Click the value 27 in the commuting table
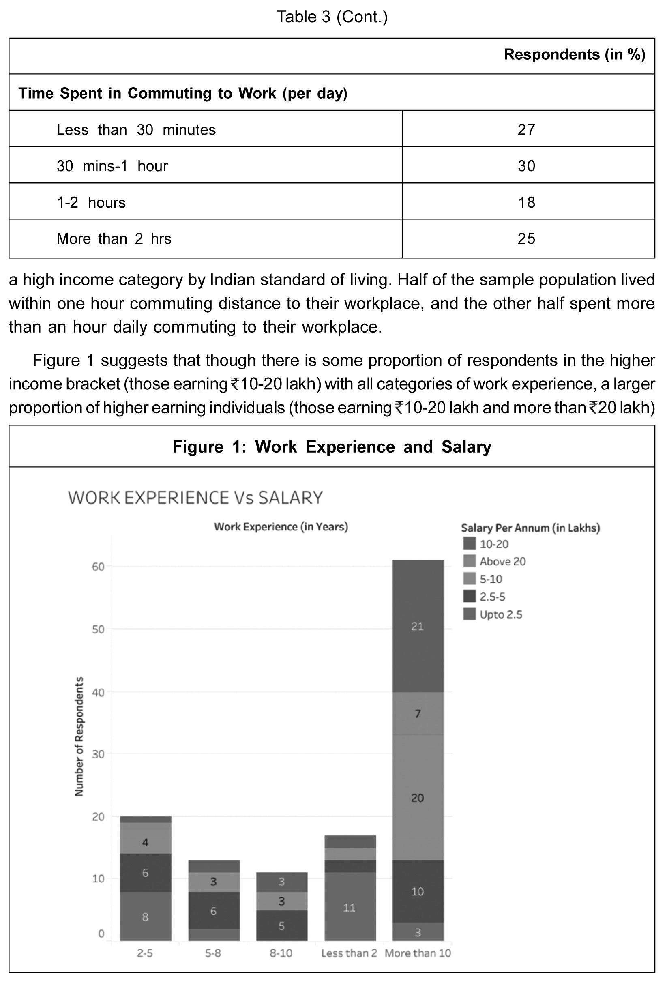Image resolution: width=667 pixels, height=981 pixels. pos(526,130)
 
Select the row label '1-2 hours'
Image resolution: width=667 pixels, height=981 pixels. pos(91,203)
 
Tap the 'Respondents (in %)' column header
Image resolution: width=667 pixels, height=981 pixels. pos(574,54)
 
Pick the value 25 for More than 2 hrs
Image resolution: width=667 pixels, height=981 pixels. pos(526,239)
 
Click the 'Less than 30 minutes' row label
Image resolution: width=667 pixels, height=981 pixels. pos(136,130)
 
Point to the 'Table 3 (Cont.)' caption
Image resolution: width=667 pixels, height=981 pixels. pos(332,17)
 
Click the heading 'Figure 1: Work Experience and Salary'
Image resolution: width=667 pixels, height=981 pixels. pos(332,447)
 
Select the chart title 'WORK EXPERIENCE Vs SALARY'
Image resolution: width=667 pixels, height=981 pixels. pos(195,498)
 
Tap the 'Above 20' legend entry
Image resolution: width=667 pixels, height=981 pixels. pos(502,561)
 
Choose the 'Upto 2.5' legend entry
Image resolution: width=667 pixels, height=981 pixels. pos(500,615)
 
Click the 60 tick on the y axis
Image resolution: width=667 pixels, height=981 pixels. pos(98,567)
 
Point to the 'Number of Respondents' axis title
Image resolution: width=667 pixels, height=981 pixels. pos(79,736)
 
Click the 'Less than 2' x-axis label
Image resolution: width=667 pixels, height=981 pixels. pos(349,953)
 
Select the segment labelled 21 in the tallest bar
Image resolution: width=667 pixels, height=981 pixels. pos(418,627)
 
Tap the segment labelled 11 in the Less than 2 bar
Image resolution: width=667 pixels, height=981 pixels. pos(350,908)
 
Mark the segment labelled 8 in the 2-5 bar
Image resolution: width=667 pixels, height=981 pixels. pos(145,917)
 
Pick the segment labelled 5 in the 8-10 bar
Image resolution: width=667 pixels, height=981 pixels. pos(281,926)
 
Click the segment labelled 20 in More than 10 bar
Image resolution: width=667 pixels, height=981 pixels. pos(418,798)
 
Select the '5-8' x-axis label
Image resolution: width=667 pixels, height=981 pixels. pos(213,953)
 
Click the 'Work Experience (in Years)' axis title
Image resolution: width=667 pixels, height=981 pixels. pos(281,527)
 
